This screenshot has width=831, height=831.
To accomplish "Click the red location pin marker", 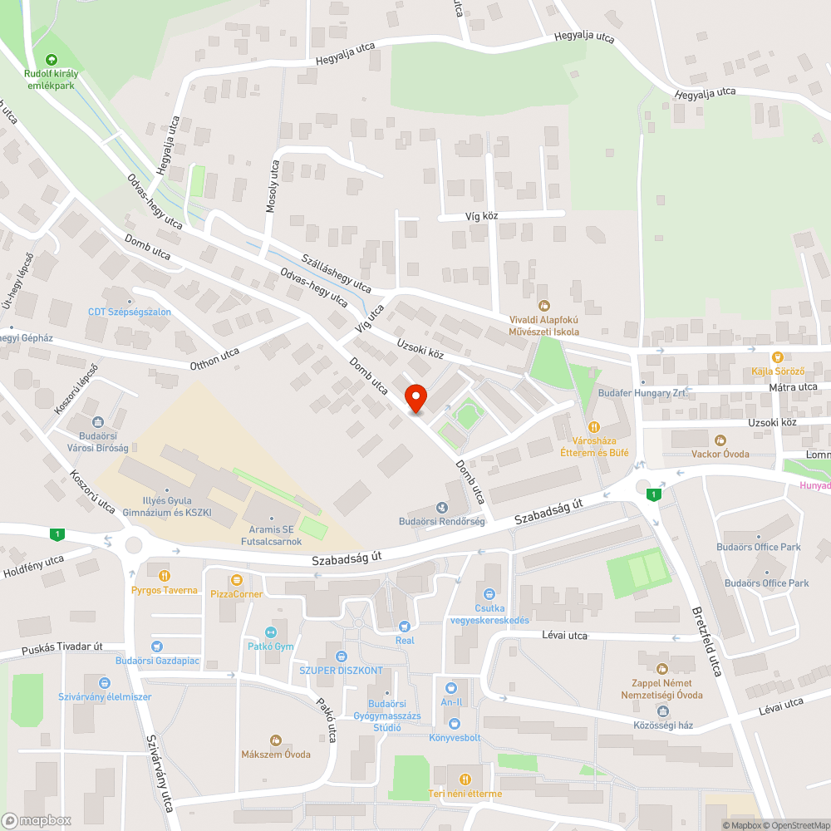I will [x=415, y=397].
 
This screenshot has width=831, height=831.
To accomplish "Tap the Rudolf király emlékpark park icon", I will [x=52, y=59].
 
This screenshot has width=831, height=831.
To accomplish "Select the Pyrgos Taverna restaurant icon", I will [x=165, y=575].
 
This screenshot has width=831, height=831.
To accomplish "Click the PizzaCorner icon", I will [x=237, y=579].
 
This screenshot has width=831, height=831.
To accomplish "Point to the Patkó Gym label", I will [x=270, y=646].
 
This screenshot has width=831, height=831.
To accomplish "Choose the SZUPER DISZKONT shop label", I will [x=342, y=671].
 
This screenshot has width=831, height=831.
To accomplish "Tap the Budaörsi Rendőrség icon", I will [x=441, y=507].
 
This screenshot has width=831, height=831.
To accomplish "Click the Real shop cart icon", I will [x=405, y=626].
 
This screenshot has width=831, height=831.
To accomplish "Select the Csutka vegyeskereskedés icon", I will [x=489, y=594].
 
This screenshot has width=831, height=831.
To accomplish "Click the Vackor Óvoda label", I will [x=720, y=454].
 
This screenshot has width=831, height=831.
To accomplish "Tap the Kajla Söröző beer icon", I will [x=778, y=356].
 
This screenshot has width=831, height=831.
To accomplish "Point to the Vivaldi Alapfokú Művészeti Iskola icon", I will [x=544, y=305].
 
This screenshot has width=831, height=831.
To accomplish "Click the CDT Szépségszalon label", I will [x=130, y=312].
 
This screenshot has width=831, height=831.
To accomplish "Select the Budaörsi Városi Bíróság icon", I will [x=98, y=422].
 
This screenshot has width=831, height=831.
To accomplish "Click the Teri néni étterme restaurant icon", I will [x=465, y=779].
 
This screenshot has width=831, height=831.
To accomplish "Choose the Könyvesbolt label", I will [x=455, y=737].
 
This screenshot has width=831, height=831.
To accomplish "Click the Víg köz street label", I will [x=480, y=216].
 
